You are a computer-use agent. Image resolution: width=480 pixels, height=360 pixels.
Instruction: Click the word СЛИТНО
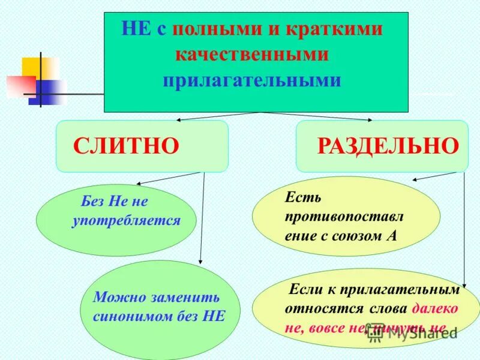[x=126, y=146]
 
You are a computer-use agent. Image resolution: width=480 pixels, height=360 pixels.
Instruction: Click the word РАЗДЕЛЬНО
[x=388, y=146]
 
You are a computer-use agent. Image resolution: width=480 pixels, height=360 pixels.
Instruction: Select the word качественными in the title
[x=252, y=55]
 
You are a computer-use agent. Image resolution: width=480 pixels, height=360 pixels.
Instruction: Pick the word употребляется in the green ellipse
[x=126, y=221]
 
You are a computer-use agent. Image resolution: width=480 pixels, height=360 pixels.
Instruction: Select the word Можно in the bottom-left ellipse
[x=114, y=297]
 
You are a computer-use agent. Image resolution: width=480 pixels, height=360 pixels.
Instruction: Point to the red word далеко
[x=436, y=308]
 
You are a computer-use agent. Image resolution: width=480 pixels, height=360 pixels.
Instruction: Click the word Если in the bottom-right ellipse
[x=305, y=289]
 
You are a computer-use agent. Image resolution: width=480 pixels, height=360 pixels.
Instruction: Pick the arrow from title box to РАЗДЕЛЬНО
[x=318, y=116]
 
